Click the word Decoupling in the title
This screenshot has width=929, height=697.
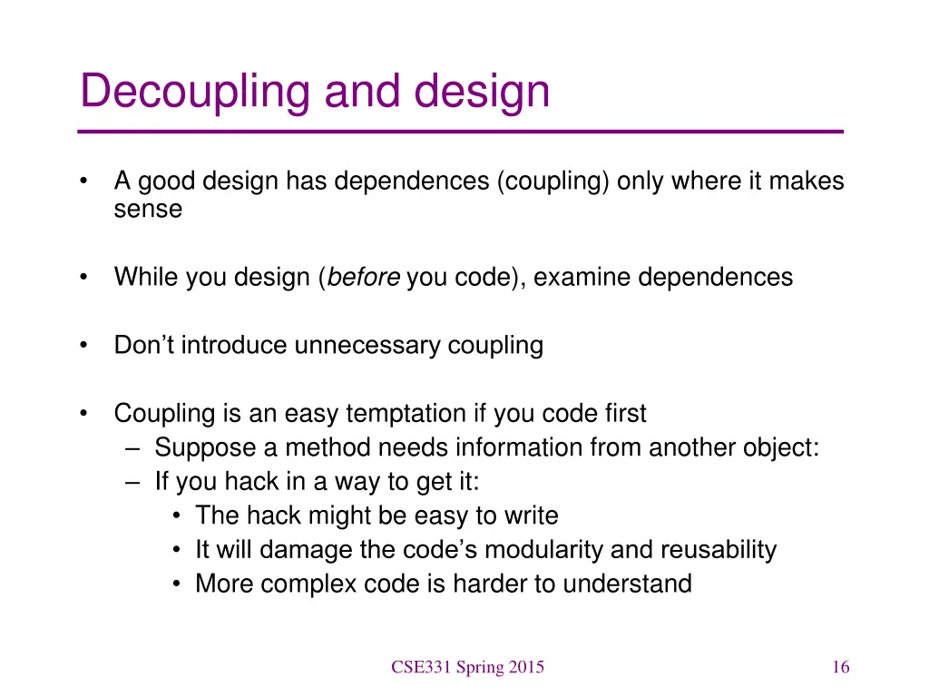pyautogui.click(x=194, y=92)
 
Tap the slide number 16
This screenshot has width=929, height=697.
pyautogui.click(x=840, y=668)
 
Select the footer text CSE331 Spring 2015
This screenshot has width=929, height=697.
pyautogui.click(x=467, y=668)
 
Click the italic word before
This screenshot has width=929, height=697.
pyautogui.click(x=363, y=277)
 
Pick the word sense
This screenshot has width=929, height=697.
pyautogui.click(x=148, y=210)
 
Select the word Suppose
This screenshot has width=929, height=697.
pyautogui.click(x=201, y=448)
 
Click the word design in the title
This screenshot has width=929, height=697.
pyautogui.click(x=483, y=92)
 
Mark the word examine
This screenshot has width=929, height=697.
pyautogui.click(x=582, y=277)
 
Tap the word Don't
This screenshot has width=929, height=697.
pyautogui.click(x=143, y=346)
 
